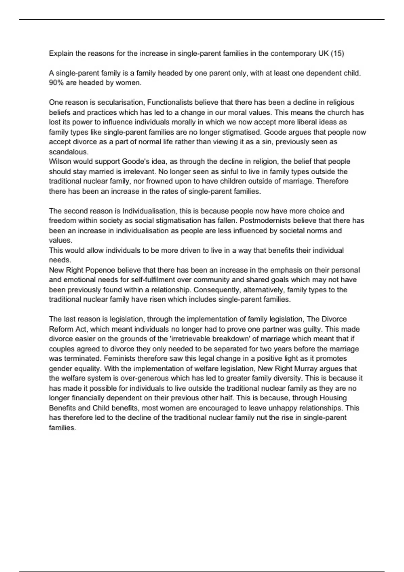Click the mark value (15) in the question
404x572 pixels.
[337, 53]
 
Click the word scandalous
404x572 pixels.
[68, 152]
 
